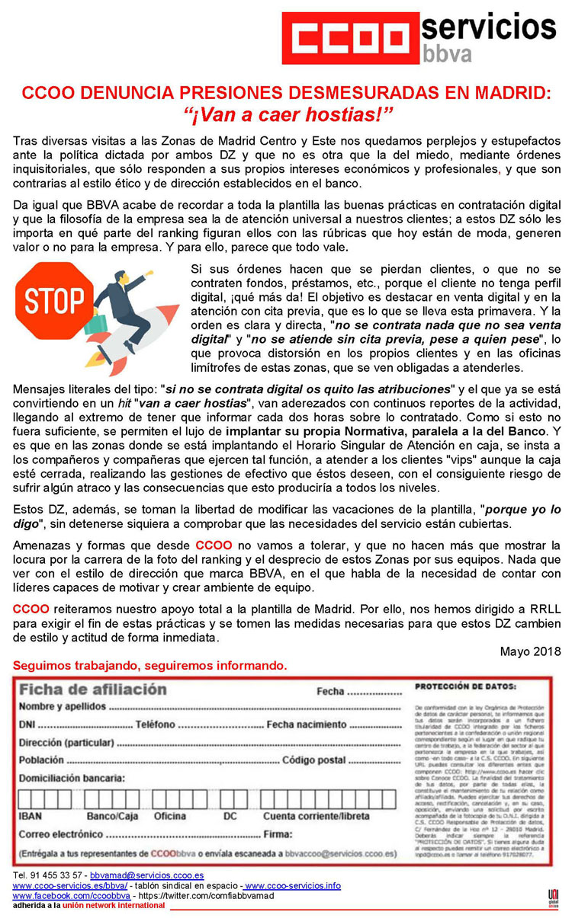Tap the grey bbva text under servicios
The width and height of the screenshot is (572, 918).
(447, 53)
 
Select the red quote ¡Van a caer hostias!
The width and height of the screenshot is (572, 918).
(286, 116)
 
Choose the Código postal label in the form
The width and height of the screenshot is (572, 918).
(313, 760)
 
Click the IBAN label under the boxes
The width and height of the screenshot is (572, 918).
(30, 816)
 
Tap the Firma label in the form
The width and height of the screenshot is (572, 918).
(278, 834)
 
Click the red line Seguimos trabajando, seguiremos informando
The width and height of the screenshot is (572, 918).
(150, 667)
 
